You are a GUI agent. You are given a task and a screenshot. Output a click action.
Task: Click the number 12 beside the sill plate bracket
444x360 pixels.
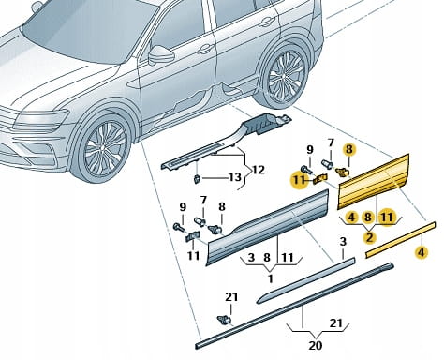259,171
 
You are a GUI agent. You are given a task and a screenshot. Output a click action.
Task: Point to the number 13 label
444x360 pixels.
235,177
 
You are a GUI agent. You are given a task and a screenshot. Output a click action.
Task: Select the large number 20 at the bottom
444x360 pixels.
316,345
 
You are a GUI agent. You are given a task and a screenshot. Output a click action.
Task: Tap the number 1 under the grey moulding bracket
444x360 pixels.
271,278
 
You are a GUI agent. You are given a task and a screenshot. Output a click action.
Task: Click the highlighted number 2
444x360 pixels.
370,237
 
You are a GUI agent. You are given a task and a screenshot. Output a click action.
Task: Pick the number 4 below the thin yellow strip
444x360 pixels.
422,252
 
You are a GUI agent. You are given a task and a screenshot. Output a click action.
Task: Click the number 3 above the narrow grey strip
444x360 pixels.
343,242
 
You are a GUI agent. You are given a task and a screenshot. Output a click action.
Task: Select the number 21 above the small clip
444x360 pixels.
231,296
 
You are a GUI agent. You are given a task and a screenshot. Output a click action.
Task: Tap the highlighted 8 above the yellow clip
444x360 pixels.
349,149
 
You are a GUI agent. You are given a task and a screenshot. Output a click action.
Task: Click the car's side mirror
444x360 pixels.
160,54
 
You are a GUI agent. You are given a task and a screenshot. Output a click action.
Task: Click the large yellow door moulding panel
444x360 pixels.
374,182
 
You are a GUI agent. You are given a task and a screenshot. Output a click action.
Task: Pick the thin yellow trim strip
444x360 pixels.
400,240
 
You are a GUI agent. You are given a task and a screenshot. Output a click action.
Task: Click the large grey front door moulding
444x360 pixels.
267,228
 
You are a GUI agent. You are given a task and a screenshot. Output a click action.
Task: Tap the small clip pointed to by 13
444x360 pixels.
198,179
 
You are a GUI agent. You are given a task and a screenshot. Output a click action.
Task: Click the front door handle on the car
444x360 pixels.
204,49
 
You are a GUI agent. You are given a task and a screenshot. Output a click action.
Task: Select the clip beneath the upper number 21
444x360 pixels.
224,320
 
